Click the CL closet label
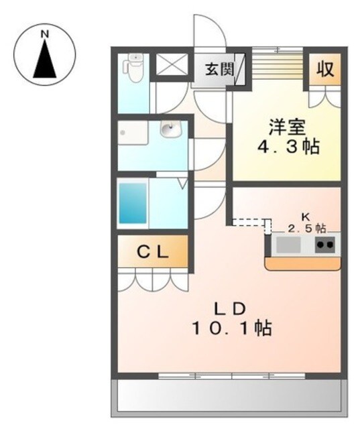click(154, 252)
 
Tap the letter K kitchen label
click(305, 217)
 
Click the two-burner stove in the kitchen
click(325, 245)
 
